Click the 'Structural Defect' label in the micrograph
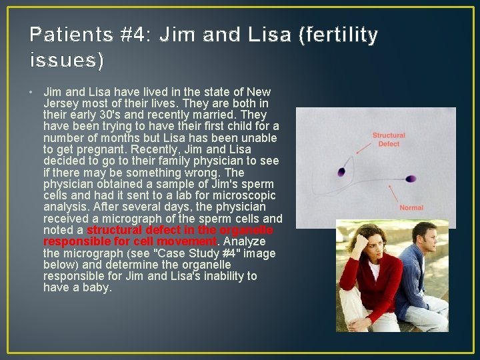(x=389, y=139)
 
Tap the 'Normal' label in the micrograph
(x=411, y=208)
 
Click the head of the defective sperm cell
(x=342, y=171)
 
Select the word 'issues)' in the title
(x=67, y=61)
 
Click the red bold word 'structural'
(x=115, y=230)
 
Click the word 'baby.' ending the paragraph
(x=98, y=287)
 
